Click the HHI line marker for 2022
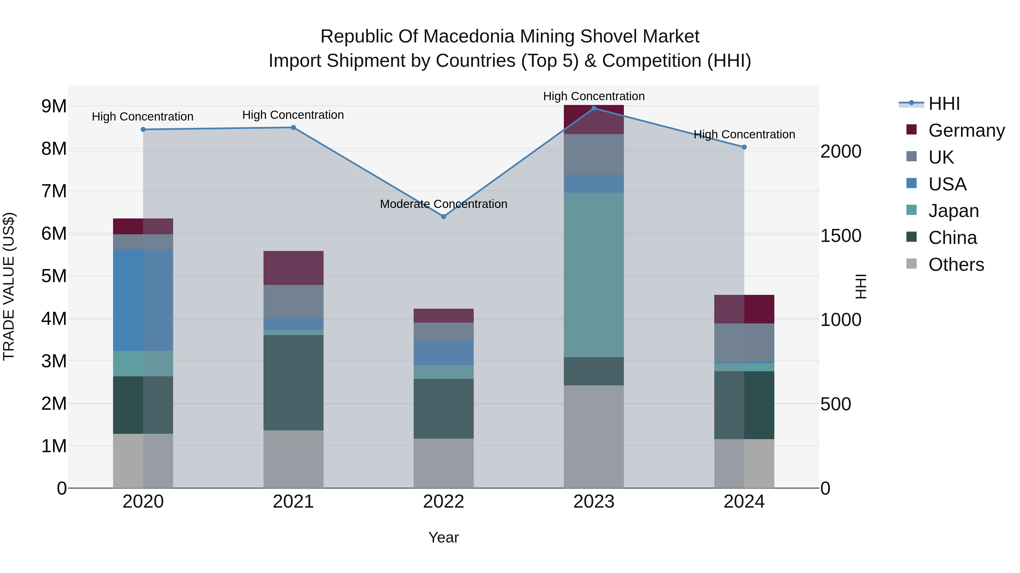[443, 216]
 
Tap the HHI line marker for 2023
[594, 108]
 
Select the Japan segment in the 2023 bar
[594, 275]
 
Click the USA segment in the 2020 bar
[143, 300]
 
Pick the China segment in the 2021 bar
[294, 382]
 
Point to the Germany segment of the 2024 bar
[744, 309]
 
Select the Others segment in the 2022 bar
[443, 463]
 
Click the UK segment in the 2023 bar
[594, 154]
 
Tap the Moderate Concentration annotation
[443, 204]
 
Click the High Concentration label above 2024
[744, 134]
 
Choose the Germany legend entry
[966, 130]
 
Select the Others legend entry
[956, 265]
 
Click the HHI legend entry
[944, 104]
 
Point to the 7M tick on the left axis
[54, 191]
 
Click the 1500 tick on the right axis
[841, 236]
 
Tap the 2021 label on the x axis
[294, 502]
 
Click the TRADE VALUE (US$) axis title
[9, 286]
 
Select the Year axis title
[443, 537]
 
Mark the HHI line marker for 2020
[143, 129]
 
